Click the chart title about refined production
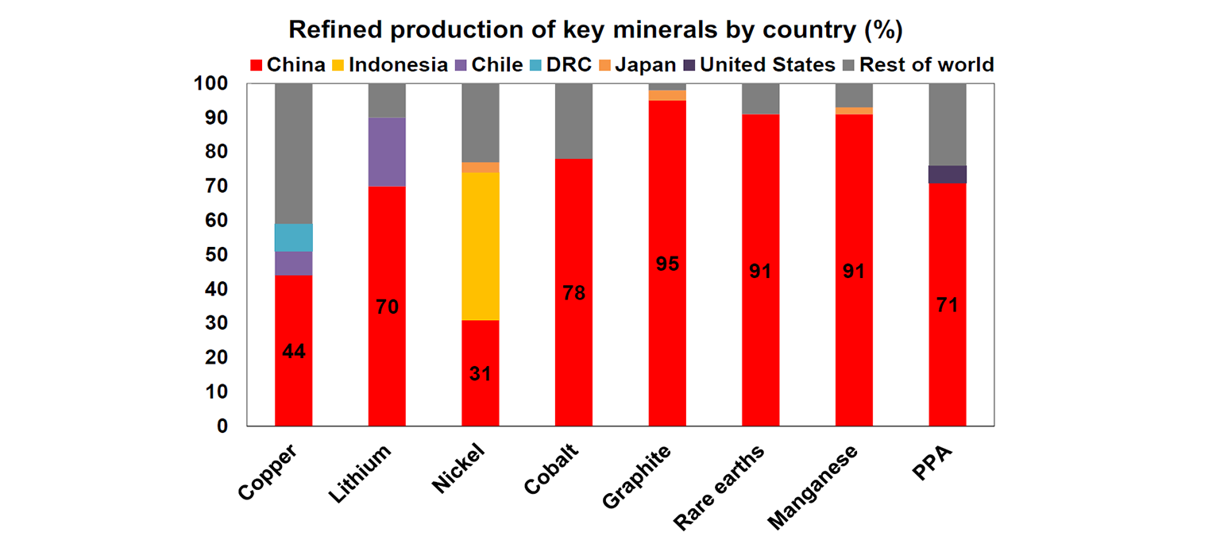[596, 29]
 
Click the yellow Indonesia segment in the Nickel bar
[481, 246]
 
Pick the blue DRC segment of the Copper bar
[293, 237]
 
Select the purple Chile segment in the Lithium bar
[387, 152]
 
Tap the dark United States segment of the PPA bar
[948, 174]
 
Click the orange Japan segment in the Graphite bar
[667, 95]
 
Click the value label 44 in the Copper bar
[293, 351]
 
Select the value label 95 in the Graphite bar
[667, 264]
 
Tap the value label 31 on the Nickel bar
[480, 373]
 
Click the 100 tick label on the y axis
[210, 83]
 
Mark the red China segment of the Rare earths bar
[761, 334]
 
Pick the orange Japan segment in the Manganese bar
[854, 111]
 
